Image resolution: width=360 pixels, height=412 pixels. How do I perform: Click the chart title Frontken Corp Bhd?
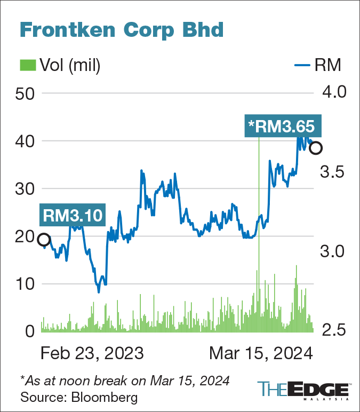point(122,30)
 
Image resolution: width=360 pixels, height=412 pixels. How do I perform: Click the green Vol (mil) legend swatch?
point(28,65)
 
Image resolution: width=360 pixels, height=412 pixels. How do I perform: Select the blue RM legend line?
point(302,65)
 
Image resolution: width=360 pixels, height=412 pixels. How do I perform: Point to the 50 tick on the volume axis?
point(25,93)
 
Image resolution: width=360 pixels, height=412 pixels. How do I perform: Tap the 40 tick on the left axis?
point(25,141)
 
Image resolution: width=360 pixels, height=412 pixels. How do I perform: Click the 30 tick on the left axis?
point(25,189)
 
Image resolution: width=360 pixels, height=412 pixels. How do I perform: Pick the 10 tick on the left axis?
point(25,284)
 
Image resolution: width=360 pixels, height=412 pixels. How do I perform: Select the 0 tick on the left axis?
point(30,331)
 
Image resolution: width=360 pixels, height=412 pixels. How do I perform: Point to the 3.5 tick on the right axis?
point(332,172)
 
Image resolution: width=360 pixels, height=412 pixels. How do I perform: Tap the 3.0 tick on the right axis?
point(332,251)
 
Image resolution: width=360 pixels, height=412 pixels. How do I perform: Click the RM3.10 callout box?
point(73,215)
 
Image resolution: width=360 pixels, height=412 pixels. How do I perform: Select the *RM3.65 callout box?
point(283,125)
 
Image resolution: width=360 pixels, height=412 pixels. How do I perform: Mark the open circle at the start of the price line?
point(44,240)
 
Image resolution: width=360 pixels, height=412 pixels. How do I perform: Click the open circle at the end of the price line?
point(316,148)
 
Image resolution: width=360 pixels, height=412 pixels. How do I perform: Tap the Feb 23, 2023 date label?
point(92,353)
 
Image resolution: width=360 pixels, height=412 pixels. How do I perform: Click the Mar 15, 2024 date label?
point(261,353)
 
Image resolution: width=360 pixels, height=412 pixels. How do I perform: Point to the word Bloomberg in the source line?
point(104,397)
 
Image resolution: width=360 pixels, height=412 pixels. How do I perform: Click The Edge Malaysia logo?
point(303,391)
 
